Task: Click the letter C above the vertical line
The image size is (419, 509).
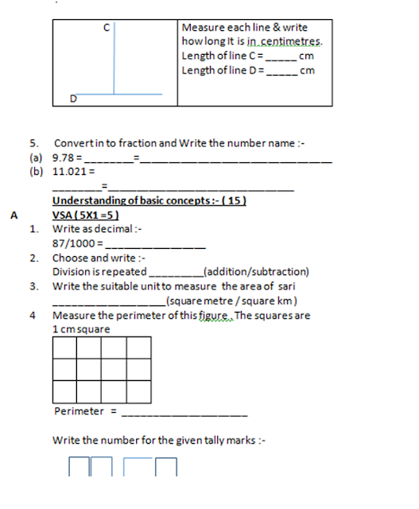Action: pos(107,28)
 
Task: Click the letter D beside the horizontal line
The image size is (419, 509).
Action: pos(72,99)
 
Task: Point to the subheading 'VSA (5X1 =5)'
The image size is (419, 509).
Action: pos(85,215)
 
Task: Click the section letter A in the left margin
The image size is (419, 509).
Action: pos(14,215)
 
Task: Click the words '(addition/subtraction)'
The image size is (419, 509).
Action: pos(256,271)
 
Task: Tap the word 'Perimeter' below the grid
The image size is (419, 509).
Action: pos(79,411)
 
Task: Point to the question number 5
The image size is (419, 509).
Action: pos(34,143)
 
